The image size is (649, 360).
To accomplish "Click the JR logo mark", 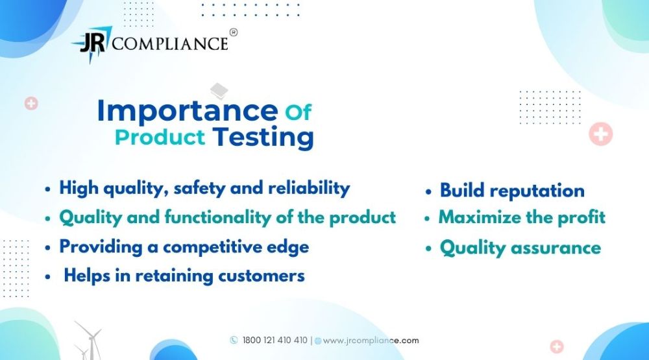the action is pyautogui.click(x=92, y=43).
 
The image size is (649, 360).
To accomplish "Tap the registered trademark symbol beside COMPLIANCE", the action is pyautogui.click(x=234, y=32).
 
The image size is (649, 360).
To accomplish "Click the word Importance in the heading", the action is pyautogui.click(x=188, y=112).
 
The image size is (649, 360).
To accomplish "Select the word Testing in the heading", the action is pyautogui.click(x=263, y=137).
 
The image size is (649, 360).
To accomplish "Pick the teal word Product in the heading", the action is pyautogui.click(x=160, y=138).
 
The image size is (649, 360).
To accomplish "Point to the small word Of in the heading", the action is pyautogui.click(x=298, y=112).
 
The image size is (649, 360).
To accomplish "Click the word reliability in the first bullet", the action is pyautogui.click(x=309, y=188).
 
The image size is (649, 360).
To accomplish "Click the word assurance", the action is pyautogui.click(x=556, y=248).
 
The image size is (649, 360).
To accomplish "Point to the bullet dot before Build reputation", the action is pyautogui.click(x=428, y=193).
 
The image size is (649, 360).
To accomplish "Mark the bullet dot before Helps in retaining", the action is pyautogui.click(x=48, y=277).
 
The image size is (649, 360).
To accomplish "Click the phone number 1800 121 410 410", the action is pyautogui.click(x=275, y=341).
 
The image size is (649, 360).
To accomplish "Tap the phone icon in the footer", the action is pyautogui.click(x=234, y=340).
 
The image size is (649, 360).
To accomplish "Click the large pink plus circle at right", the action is pyautogui.click(x=600, y=134).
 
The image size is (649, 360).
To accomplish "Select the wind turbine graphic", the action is pyautogui.click(x=88, y=340).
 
